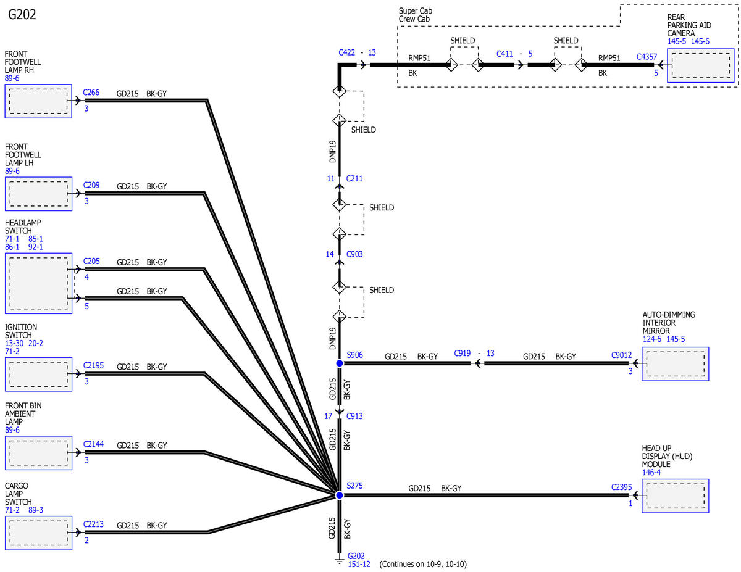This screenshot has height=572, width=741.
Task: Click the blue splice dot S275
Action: click(339, 495)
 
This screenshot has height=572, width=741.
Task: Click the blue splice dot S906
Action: click(339, 363)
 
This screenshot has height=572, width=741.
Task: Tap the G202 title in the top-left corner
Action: click(22, 15)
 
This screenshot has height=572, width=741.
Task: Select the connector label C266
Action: click(91, 93)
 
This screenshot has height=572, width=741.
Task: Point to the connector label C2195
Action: click(93, 365)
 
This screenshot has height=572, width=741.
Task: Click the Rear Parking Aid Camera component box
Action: click(700, 65)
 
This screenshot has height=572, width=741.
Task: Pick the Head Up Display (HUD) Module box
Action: click(675, 495)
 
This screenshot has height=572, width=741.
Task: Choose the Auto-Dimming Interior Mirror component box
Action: click(675, 364)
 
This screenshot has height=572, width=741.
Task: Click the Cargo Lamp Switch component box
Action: click(38, 533)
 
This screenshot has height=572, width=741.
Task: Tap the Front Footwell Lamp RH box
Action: click(38, 101)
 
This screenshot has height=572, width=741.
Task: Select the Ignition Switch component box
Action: click(38, 374)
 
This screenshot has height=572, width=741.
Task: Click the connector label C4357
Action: click(647, 57)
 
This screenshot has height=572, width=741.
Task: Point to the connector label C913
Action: click(354, 416)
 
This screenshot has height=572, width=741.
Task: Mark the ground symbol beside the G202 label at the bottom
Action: click(339, 561)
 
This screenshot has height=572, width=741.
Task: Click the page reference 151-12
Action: click(359, 564)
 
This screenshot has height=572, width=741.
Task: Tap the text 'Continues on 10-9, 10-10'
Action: click(423, 564)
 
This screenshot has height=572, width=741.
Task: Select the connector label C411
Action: click(504, 54)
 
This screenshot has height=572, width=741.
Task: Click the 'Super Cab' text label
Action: click(416, 11)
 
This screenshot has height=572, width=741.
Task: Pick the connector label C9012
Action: click(621, 355)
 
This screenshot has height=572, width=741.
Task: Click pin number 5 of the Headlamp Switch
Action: click(86, 306)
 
